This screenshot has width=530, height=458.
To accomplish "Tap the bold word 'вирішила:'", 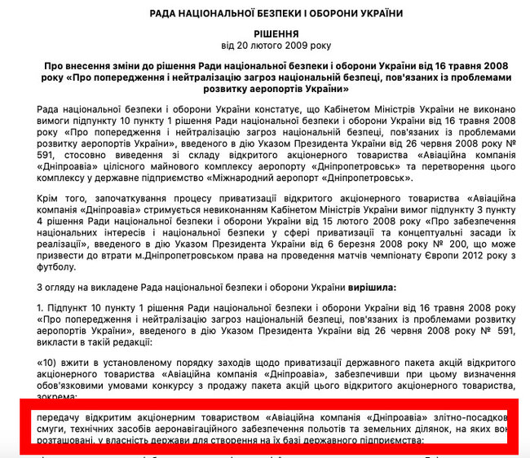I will tap(370, 288).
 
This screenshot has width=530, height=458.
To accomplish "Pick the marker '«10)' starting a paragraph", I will tap(47, 366).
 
